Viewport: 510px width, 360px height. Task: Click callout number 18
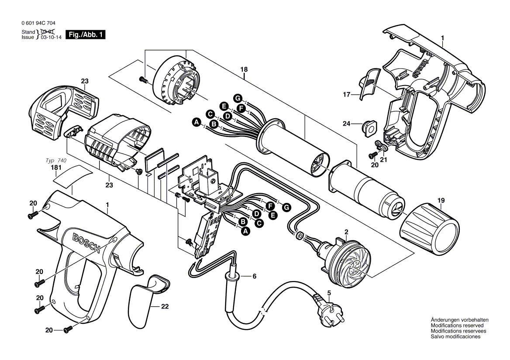tap(244, 69)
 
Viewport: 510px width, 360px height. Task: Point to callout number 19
tap(441, 201)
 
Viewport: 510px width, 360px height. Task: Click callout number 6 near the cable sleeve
tap(254, 276)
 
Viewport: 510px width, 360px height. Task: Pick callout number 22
tap(164, 306)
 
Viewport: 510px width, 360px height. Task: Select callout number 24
tap(346, 124)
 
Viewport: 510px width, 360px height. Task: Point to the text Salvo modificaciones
tap(455, 337)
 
